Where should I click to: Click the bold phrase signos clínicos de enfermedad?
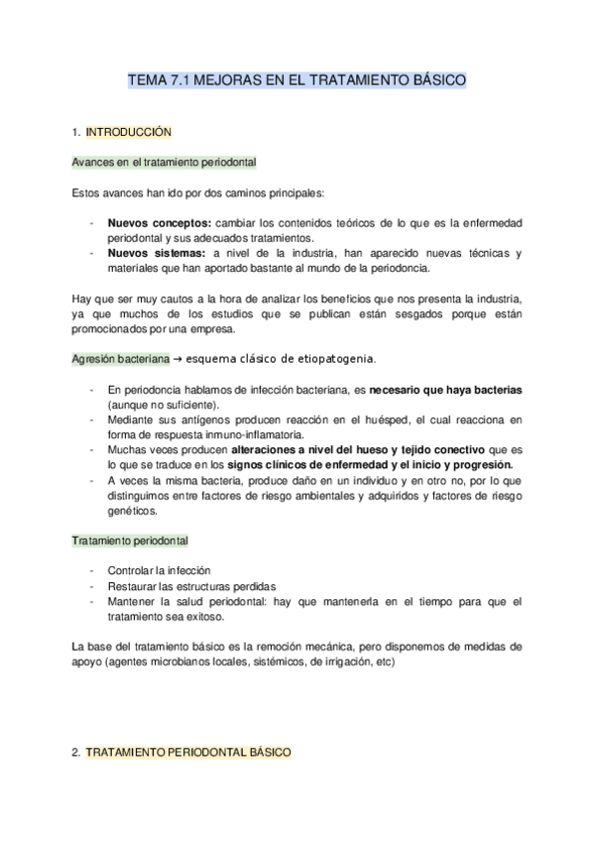point(304,464)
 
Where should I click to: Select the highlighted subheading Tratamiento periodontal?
point(131,541)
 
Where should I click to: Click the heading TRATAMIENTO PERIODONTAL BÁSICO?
point(188,754)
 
